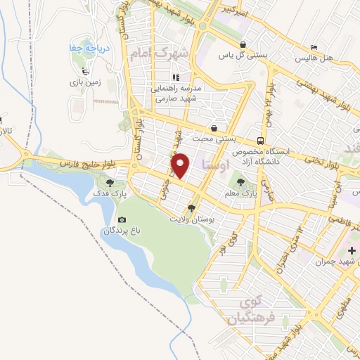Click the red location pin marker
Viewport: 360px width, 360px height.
point(180,165)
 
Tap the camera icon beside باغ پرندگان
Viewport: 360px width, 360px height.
point(122,220)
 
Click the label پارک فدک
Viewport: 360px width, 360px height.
point(108,193)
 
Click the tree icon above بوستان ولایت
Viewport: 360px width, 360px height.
point(191,208)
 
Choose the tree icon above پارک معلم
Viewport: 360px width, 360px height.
point(242,182)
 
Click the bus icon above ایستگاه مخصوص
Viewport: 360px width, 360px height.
point(260,139)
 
